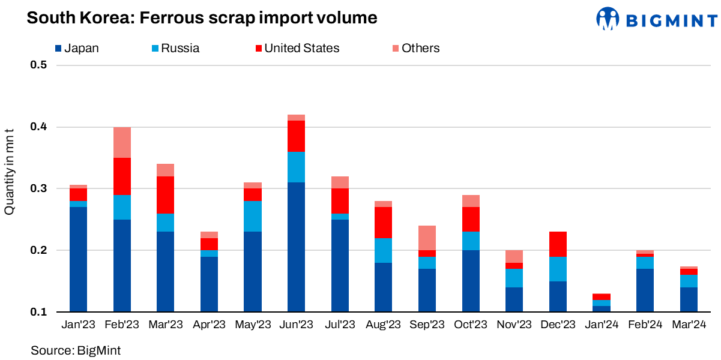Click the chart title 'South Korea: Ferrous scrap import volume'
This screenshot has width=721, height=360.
click(202, 18)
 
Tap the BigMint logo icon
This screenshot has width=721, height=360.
click(608, 19)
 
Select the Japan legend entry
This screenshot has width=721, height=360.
click(76, 48)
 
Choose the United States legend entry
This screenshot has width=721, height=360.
click(297, 48)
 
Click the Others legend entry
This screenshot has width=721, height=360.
click(415, 48)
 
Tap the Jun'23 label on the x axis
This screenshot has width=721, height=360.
click(297, 325)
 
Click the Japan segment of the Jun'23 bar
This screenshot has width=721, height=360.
click(297, 247)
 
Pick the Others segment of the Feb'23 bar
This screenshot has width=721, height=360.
click(122, 142)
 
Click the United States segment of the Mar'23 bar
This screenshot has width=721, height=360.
click(166, 195)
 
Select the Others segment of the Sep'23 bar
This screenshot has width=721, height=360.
click(427, 238)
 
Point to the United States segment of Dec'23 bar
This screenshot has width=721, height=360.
click(558, 244)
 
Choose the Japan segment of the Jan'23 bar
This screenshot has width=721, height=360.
click(79, 259)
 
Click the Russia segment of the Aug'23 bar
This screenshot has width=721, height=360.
click(384, 250)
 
